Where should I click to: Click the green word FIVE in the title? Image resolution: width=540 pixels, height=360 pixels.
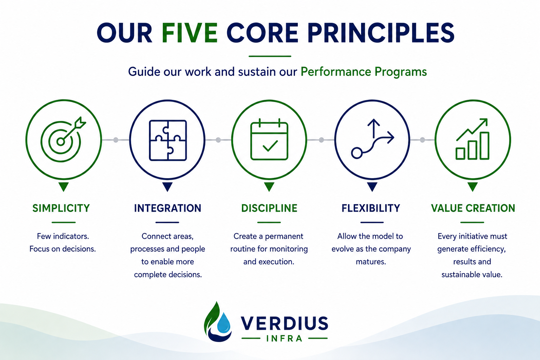click(x=189, y=33)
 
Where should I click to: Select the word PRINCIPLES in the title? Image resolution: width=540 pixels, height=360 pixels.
click(x=381, y=33)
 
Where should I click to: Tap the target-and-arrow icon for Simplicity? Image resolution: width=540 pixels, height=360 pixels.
click(x=63, y=139)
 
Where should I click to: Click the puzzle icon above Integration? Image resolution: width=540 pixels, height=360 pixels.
click(x=168, y=140)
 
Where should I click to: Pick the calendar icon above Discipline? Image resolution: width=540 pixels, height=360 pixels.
click(x=269, y=139)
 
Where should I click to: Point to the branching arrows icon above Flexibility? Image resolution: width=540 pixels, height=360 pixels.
click(x=373, y=139)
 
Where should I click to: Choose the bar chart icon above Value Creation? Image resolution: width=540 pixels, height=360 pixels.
click(x=472, y=139)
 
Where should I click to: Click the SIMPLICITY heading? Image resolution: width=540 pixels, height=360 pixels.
click(x=61, y=208)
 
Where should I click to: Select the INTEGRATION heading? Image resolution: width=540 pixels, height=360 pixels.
click(x=168, y=208)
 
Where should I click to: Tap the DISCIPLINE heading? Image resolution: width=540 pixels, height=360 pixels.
click(x=269, y=208)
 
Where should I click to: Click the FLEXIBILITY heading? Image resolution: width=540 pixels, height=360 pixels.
click(x=371, y=208)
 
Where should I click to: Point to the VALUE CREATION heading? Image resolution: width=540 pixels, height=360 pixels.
click(x=473, y=208)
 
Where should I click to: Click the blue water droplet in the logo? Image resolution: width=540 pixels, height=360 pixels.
click(x=224, y=323)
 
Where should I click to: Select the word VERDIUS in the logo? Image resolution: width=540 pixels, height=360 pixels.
click(x=284, y=323)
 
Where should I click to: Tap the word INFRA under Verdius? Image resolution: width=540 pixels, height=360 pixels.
click(x=284, y=339)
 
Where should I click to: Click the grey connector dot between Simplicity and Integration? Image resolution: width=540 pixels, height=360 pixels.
click(x=116, y=140)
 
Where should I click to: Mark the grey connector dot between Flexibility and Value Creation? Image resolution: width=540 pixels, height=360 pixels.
click(x=422, y=140)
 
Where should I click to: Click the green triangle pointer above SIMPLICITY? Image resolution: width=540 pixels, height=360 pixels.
click(x=64, y=187)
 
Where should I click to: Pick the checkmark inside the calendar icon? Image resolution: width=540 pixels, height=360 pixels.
click(x=270, y=146)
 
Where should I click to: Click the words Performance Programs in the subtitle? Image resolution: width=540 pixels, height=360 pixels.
click(x=364, y=72)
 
